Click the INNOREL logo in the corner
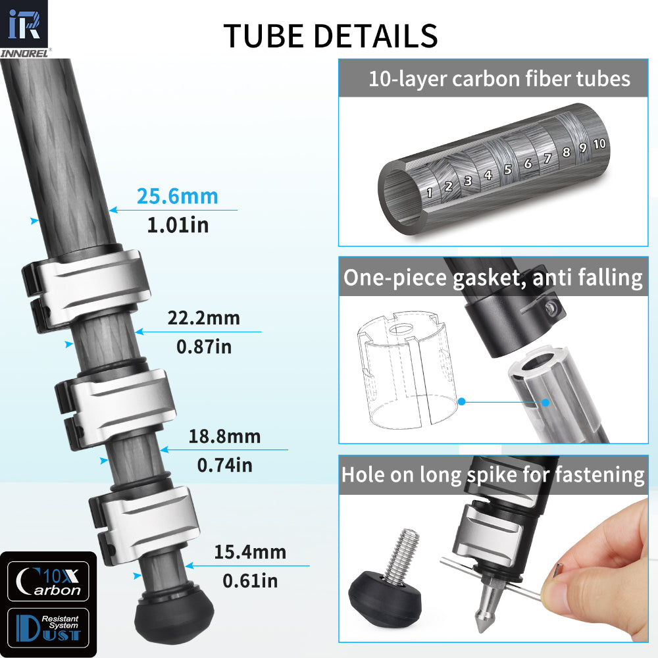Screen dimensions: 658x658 tap(26, 29)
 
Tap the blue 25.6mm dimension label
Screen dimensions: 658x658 tap(177, 196)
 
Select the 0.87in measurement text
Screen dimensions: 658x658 tap(204, 346)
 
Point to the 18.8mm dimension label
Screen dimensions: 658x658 tap(224, 436)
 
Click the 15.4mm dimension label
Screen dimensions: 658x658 tap(250, 551)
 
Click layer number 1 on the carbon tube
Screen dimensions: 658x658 tap(430, 193)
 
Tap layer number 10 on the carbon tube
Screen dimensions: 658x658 tap(599, 143)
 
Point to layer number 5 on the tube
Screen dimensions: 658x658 tap(507, 169)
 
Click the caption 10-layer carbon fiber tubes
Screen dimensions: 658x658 tap(499, 79)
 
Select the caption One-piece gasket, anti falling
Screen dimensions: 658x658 tap(493, 278)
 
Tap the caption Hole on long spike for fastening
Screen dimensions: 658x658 tap(493, 474)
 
